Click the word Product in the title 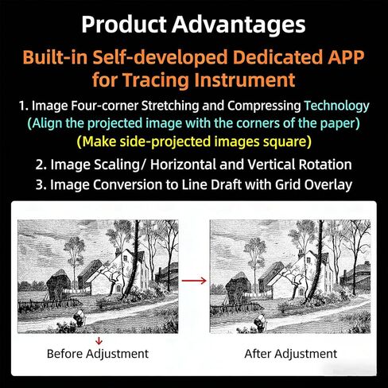click(124, 24)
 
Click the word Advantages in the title click(239, 25)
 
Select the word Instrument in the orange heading click(245, 80)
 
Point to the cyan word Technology click(336, 106)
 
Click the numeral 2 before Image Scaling click(39, 165)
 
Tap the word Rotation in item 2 click(325, 165)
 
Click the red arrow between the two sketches click(194, 281)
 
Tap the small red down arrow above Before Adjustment click(99, 340)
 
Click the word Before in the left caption click(64, 354)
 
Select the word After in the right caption click(258, 354)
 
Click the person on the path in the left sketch click(80, 317)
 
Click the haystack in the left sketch click(59, 285)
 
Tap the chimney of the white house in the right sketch click(301, 254)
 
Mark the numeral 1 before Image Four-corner click(22, 106)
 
